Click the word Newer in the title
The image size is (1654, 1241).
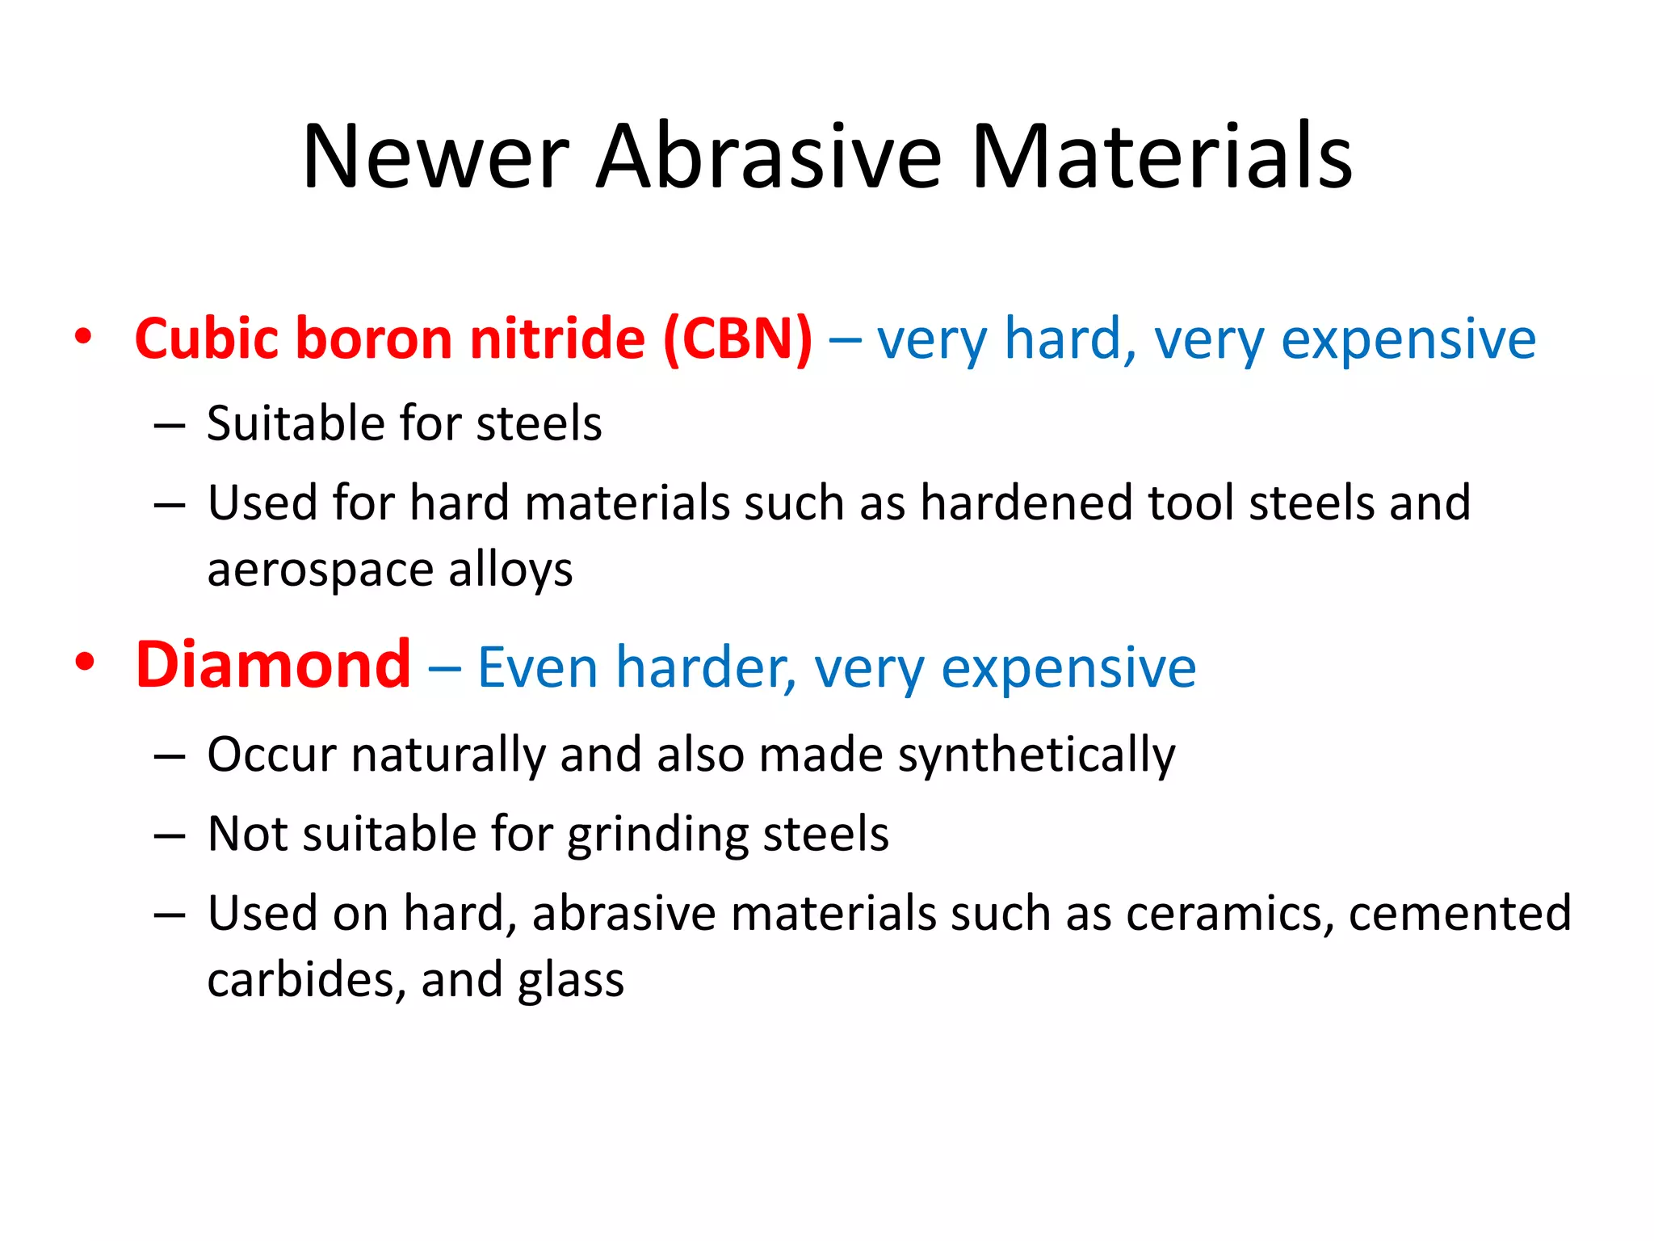(436, 158)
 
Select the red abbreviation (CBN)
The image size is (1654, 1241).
(737, 339)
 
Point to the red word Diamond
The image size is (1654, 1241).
(273, 666)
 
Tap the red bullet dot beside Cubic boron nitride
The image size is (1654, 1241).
(83, 335)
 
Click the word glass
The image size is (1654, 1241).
(571, 981)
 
